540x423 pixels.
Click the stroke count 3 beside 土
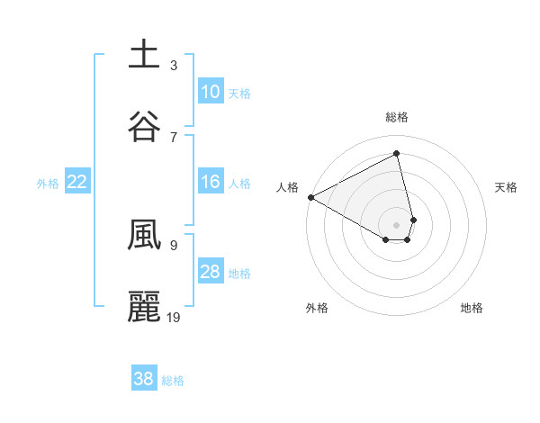point(174,65)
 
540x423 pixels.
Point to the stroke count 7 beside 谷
point(174,137)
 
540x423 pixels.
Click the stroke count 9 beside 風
point(174,245)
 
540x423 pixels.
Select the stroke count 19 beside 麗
point(175,317)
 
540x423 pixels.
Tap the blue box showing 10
point(210,92)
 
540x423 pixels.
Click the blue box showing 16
point(210,182)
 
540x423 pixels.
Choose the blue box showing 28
point(210,272)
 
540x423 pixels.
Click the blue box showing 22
point(76,182)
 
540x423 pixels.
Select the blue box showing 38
point(143,379)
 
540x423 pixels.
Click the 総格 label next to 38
point(173,381)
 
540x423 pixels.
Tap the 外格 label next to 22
point(48,184)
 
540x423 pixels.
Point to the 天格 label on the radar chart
point(506,187)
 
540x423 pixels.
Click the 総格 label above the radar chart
point(397,117)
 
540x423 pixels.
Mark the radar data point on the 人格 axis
point(310,197)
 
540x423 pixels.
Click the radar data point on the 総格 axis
point(397,154)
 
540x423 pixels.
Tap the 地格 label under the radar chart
point(472,308)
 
